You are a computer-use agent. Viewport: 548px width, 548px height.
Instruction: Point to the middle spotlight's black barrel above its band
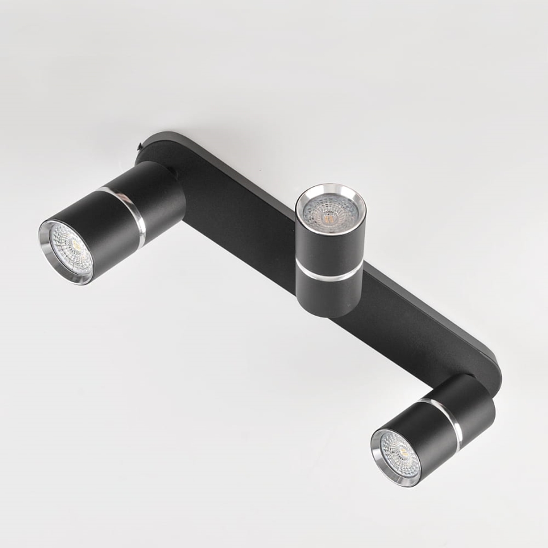(329, 246)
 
